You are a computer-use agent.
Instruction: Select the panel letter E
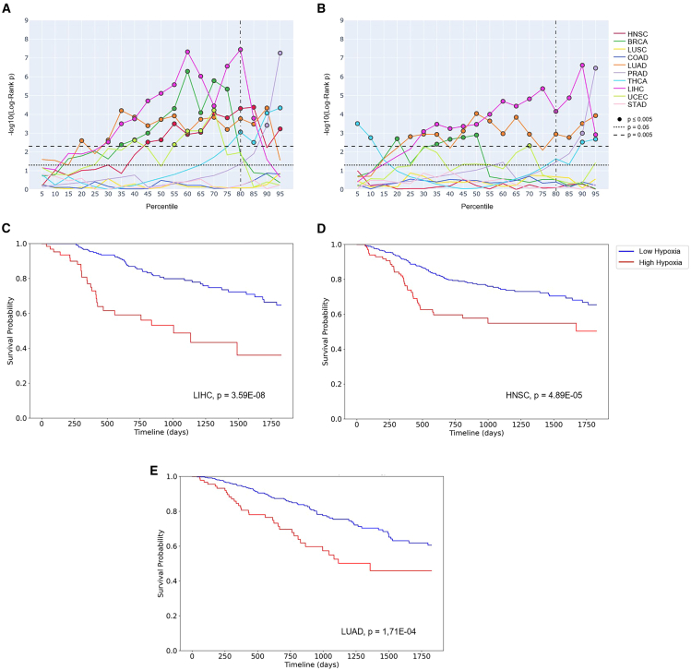point(154,470)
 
